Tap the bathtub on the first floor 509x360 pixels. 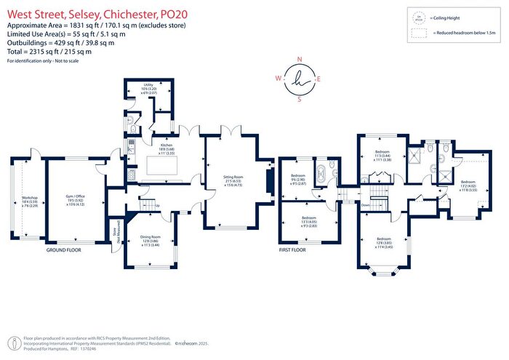point(320,175)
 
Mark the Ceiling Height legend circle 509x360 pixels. point(418,17)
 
